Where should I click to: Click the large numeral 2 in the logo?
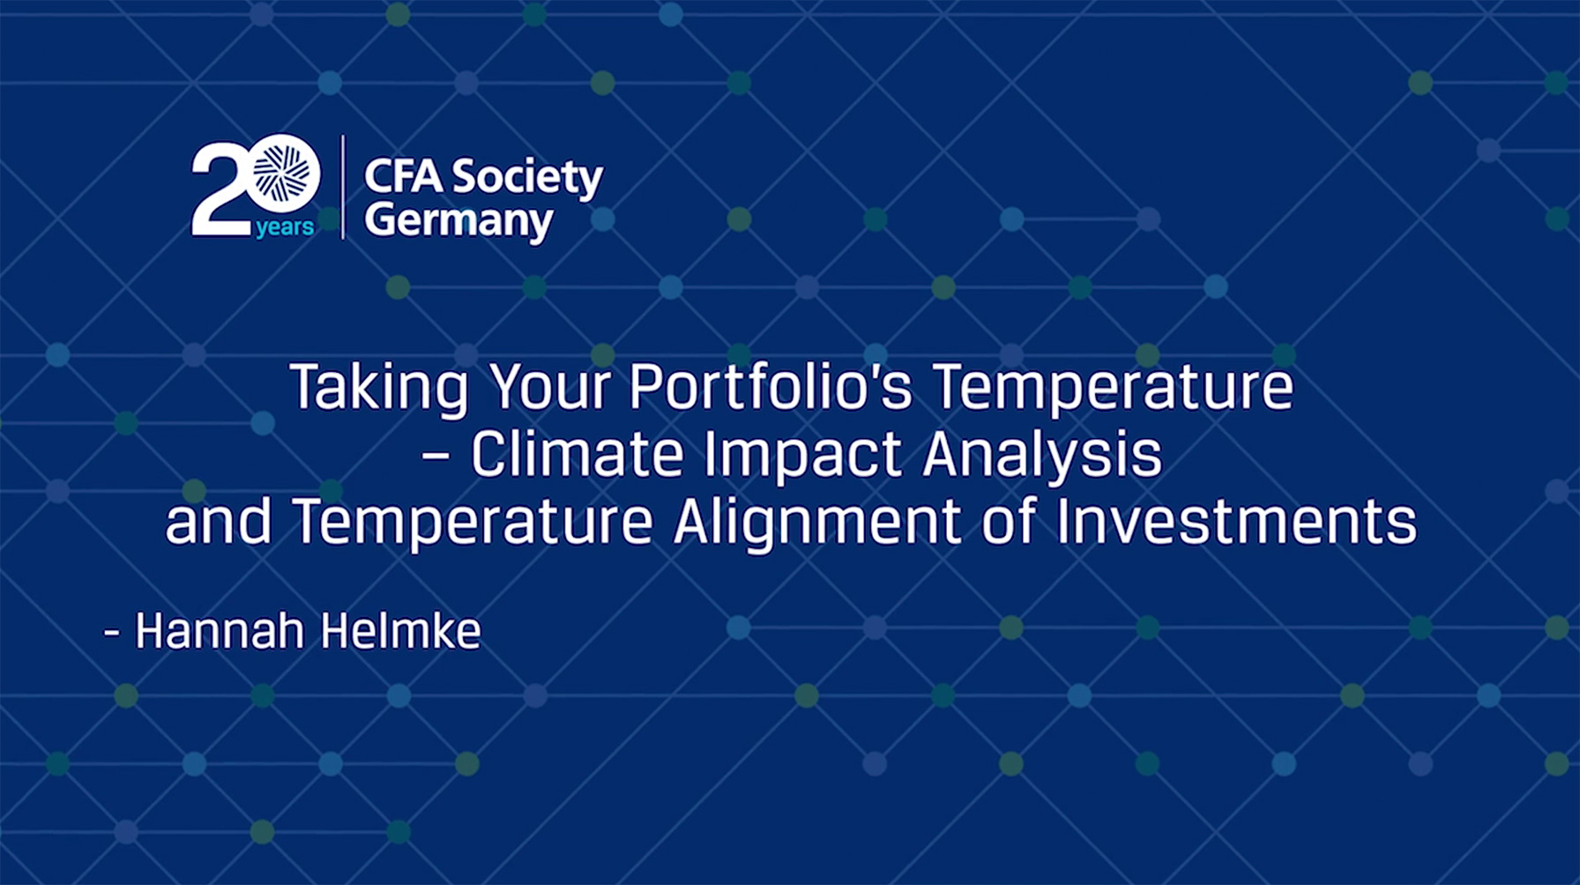click(219, 190)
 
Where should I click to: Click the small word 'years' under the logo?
click(285, 228)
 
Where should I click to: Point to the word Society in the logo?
click(527, 180)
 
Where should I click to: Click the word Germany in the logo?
click(458, 221)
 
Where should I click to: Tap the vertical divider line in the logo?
click(343, 187)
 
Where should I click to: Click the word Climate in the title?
click(578, 455)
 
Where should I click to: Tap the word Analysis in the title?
click(1043, 457)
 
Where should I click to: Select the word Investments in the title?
click(1237, 521)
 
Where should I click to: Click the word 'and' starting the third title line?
click(218, 521)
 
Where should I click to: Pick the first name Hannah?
click(220, 631)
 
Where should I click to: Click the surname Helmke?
click(401, 631)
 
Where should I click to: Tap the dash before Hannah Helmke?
click(112, 632)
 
